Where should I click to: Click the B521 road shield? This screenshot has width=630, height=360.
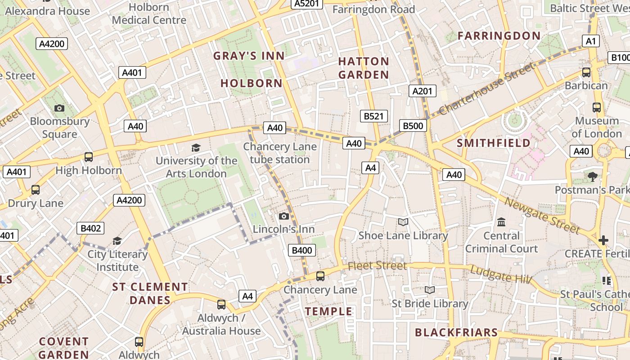pyautogui.click(x=373, y=116)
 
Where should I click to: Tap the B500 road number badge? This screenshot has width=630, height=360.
pyautogui.click(x=413, y=126)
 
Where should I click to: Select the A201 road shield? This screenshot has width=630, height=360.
pyautogui.click(x=423, y=91)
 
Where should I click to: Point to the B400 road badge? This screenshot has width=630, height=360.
pyautogui.click(x=301, y=251)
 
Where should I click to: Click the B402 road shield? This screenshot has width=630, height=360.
pyautogui.click(x=90, y=228)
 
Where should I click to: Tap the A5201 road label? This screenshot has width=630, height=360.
pyautogui.click(x=307, y=4)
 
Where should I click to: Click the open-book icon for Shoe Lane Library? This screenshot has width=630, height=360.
pyautogui.click(x=403, y=222)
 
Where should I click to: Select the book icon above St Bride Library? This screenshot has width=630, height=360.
pyautogui.click(x=430, y=290)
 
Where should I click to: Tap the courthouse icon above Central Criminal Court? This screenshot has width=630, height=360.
pyautogui.click(x=501, y=222)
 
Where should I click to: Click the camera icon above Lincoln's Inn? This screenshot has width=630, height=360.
pyautogui.click(x=283, y=216)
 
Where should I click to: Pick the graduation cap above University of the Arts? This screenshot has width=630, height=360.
pyautogui.click(x=196, y=148)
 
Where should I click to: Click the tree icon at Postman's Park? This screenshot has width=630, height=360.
pyautogui.click(x=592, y=176)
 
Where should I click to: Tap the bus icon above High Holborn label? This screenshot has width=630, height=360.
pyautogui.click(x=89, y=157)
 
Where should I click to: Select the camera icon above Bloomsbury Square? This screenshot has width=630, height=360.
pyautogui.click(x=59, y=108)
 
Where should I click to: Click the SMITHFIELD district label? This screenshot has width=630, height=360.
pyautogui.click(x=494, y=143)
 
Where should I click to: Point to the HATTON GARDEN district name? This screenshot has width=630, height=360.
pyautogui.click(x=364, y=68)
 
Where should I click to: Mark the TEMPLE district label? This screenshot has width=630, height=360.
pyautogui.click(x=328, y=311)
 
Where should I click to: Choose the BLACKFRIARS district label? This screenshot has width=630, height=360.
pyautogui.click(x=456, y=333)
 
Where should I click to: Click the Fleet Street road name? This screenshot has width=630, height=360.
pyautogui.click(x=377, y=265)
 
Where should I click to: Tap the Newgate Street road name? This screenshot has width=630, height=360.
pyautogui.click(x=542, y=216)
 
